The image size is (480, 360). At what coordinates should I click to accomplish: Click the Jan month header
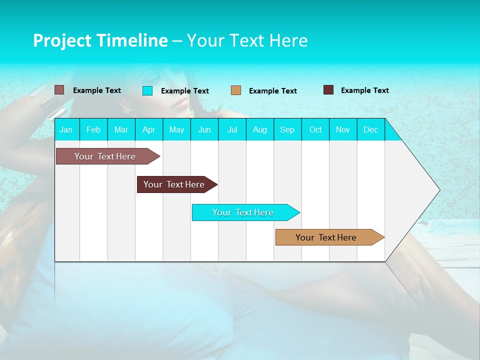(66, 129)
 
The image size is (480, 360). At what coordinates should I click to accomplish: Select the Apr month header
(148, 129)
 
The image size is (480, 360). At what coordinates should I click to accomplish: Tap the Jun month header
(204, 129)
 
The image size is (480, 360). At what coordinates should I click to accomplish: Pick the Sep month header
(287, 129)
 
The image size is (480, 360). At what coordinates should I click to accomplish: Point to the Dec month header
(370, 129)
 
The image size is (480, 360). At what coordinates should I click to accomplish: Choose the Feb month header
(93, 129)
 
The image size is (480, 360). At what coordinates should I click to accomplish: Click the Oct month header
(315, 129)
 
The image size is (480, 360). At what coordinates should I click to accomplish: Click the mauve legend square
(59, 90)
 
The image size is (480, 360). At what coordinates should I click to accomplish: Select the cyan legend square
(147, 90)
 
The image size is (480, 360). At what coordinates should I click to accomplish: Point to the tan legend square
(236, 90)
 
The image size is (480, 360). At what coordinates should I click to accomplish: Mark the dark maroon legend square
(328, 90)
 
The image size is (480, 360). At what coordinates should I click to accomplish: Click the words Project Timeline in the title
(100, 40)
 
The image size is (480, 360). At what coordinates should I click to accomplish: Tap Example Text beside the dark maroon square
(364, 90)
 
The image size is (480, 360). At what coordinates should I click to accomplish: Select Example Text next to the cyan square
(184, 91)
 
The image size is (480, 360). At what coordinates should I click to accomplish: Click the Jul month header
(232, 129)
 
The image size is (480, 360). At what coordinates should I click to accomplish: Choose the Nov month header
(343, 129)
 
